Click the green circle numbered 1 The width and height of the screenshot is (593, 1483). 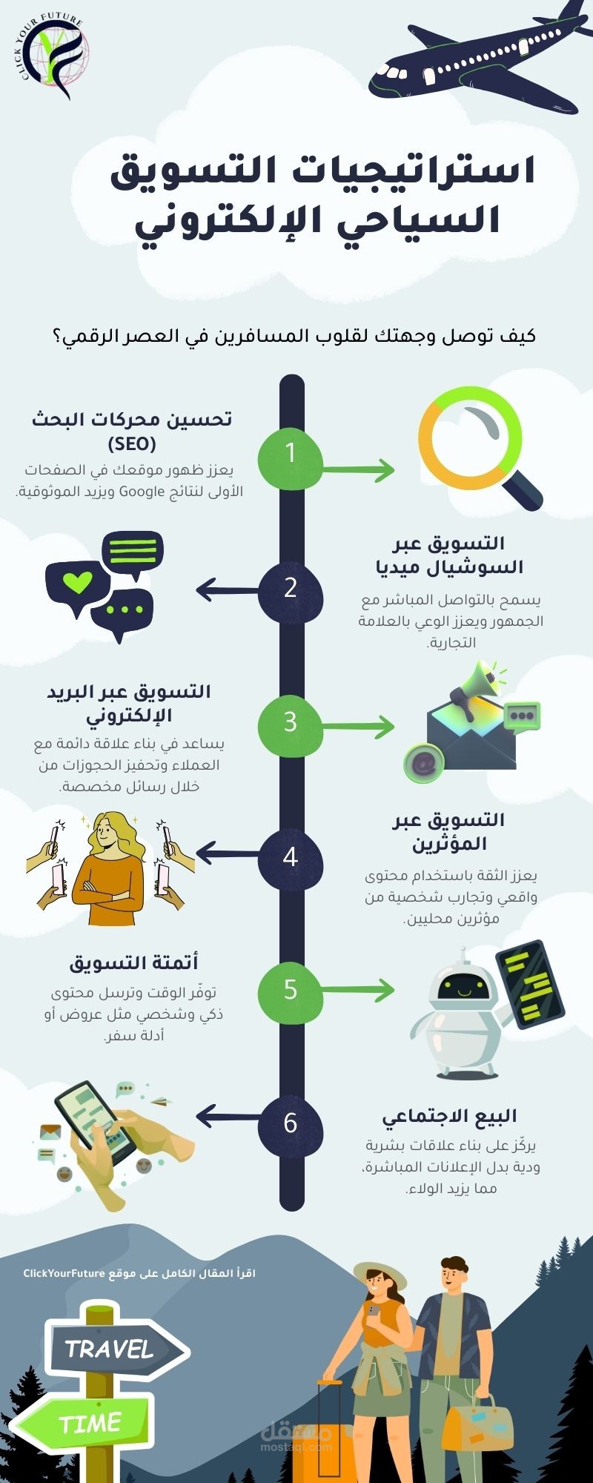pyautogui.click(x=291, y=453)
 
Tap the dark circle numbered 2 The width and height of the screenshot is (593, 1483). pyautogui.click(x=291, y=589)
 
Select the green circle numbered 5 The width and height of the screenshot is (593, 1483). pyautogui.click(x=291, y=991)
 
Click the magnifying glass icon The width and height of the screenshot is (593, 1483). pyautogui.click(x=478, y=449)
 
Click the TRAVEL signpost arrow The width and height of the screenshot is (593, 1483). pyautogui.click(x=116, y=1349)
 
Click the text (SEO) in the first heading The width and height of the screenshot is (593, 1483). pyautogui.click(x=131, y=445)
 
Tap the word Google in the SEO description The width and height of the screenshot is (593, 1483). pyautogui.click(x=142, y=491)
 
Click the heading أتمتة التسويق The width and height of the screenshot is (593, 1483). pyautogui.click(x=134, y=963)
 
